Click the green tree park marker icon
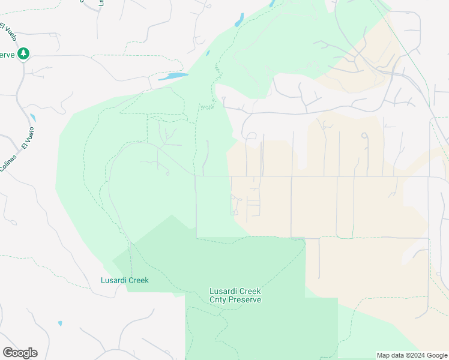click(23, 54)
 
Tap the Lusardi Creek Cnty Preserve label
click(235, 295)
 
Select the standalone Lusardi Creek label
click(124, 280)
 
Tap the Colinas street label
click(5, 164)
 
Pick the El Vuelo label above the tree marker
click(8, 30)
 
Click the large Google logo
click(20, 353)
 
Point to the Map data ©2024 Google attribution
click(412, 355)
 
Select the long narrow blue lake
click(173, 76)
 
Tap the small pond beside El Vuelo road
click(32, 118)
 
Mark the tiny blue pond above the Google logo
click(60, 323)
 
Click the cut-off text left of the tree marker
click(7, 54)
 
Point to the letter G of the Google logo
click(8, 352)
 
